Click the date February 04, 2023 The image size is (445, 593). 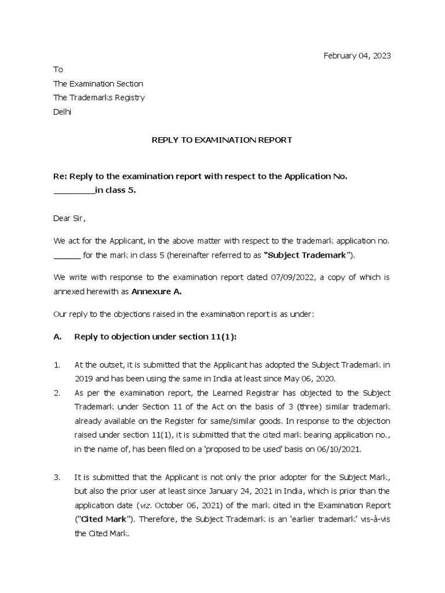357,56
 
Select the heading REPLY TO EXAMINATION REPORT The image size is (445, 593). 222,140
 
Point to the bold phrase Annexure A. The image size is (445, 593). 156,292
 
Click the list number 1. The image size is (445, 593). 57,364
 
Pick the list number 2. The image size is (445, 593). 57,392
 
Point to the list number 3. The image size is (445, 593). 57,477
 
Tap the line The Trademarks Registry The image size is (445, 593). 99,97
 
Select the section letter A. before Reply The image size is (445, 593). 57,336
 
